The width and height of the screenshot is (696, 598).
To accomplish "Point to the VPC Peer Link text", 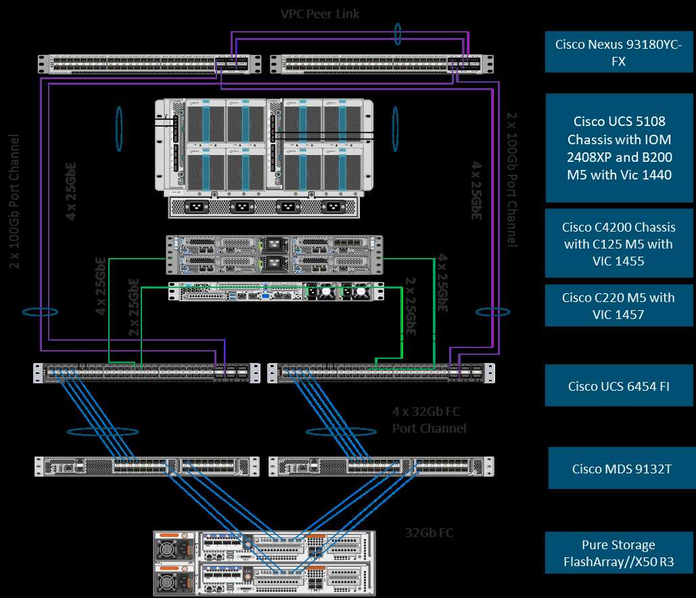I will coord(319,14).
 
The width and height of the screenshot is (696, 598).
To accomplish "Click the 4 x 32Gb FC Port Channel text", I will coord(429,420).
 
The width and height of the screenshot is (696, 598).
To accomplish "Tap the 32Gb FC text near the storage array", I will coord(429,532).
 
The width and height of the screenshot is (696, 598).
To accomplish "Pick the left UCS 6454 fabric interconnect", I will coord(146,372).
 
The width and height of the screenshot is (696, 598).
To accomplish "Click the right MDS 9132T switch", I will coord(381,466).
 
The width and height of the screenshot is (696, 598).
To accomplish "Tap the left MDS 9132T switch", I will coord(146,466).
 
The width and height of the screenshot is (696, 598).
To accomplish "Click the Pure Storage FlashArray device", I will coord(264,563).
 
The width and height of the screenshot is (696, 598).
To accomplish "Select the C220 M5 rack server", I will coord(275,291).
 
